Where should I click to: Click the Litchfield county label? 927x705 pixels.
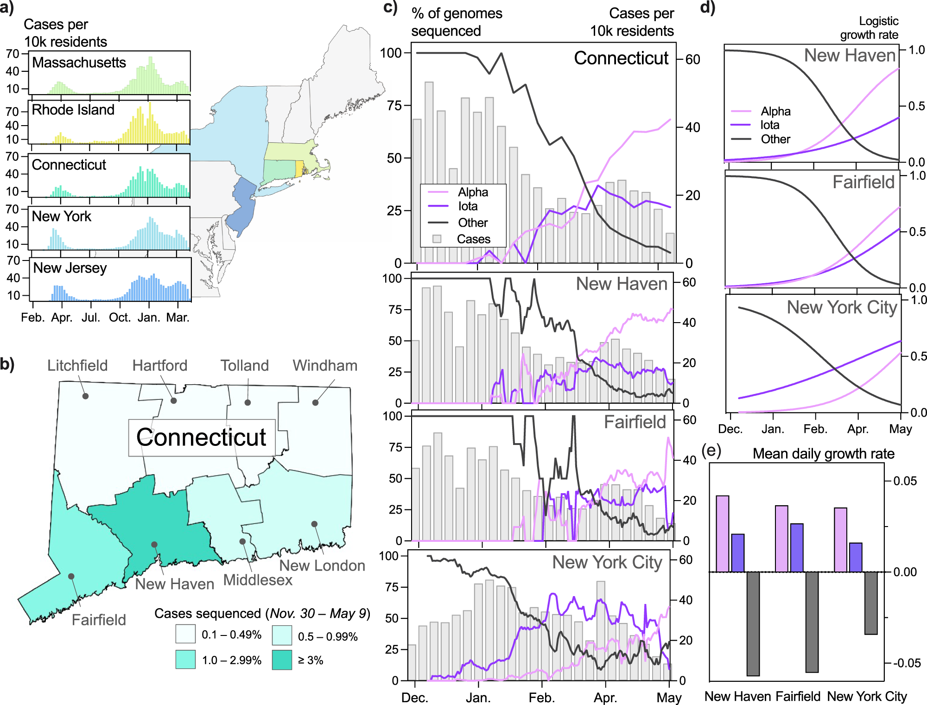pyautogui.click(x=77, y=366)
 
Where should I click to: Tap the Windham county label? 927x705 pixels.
pyautogui.click(x=325, y=366)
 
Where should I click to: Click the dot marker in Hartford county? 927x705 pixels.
pyautogui.click(x=174, y=400)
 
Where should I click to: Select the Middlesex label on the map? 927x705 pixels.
pyautogui.click(x=258, y=580)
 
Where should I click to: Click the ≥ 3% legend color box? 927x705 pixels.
pyautogui.click(x=282, y=660)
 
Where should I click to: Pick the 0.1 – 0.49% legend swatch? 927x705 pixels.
pyautogui.click(x=185, y=634)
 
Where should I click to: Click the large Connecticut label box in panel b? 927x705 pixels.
pyautogui.click(x=202, y=438)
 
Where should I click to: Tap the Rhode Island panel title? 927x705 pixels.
pyautogui.click(x=73, y=110)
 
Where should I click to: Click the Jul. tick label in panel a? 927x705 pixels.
pyautogui.click(x=91, y=318)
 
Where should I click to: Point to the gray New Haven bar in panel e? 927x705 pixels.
pyautogui.click(x=753, y=623)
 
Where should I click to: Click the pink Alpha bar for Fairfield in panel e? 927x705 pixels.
pyautogui.click(x=781, y=539)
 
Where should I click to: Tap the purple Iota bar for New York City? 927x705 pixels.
pyautogui.click(x=856, y=557)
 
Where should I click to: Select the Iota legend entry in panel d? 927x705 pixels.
pyautogui.click(x=769, y=125)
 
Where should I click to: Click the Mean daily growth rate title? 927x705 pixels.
pyautogui.click(x=823, y=453)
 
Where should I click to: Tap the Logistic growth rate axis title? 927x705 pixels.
pyautogui.click(x=869, y=28)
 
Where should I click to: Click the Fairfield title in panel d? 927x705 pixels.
pyautogui.click(x=863, y=182)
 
